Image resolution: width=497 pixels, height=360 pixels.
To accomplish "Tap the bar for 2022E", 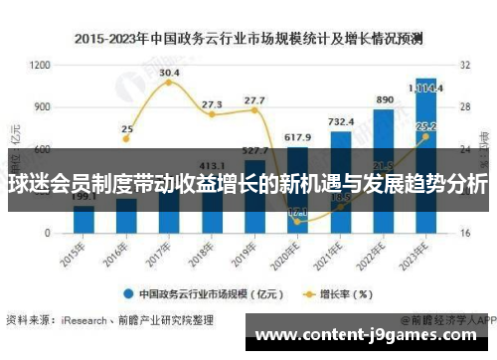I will (x=383, y=169).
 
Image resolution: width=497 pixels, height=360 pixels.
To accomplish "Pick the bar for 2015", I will (x=83, y=219).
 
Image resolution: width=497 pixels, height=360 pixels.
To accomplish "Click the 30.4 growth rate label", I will (x=169, y=73).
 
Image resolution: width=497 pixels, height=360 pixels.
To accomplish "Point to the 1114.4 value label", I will (x=426, y=87).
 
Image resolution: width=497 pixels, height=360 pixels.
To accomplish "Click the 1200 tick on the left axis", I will (x=40, y=65).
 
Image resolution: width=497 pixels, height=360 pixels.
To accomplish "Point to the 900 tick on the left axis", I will (x=43, y=106).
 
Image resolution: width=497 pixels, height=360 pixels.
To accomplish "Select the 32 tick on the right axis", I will (x=464, y=65).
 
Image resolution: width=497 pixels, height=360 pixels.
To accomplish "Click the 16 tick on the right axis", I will (x=464, y=233).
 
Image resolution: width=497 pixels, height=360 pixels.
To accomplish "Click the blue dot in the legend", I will (x=128, y=293).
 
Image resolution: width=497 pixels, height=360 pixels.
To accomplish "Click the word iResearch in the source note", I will (x=81, y=320).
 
